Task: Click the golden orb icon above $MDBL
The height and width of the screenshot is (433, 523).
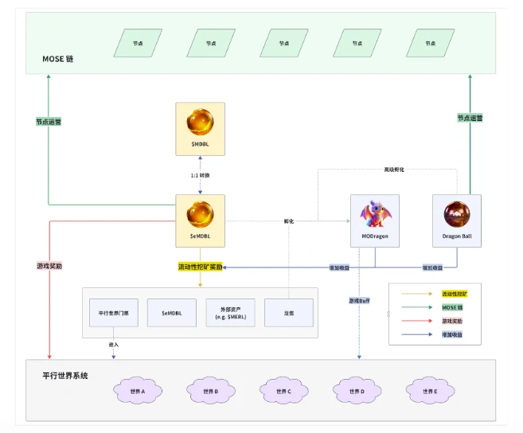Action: point(200,122)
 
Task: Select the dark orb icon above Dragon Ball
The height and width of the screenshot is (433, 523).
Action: point(457,215)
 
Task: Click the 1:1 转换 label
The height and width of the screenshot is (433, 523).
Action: point(200,175)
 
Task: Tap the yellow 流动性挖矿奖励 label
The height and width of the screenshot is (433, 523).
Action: point(201,267)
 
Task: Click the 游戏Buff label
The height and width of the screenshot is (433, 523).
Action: point(358,300)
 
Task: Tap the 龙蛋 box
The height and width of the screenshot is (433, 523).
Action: point(289,313)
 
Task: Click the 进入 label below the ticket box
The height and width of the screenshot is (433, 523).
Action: point(114,344)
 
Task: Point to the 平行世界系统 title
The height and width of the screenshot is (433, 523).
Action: point(65,374)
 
